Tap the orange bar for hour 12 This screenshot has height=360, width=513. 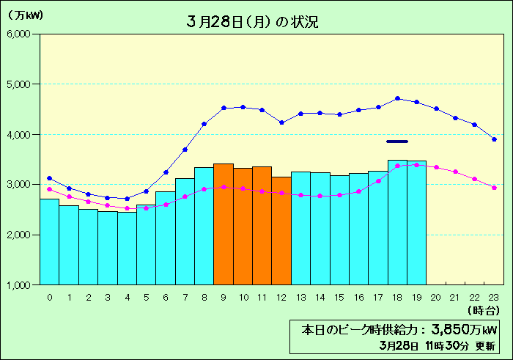pos(281,230)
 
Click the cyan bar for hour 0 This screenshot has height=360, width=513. pos(49,242)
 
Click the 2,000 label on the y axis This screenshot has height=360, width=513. pos(16,235)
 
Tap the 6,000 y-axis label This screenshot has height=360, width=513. pos(16,34)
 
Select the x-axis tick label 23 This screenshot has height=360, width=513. pos(494,297)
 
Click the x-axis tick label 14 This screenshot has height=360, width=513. pos(320,297)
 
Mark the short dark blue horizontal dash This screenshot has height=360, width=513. pos(396,142)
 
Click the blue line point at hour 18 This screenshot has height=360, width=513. pos(397,98)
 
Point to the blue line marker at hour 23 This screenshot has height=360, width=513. pos(494,139)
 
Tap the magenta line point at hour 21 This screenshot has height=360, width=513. pos(455,172)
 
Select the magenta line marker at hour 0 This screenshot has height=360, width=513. pos(49,189)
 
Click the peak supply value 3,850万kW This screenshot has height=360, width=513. pos(454,329)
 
